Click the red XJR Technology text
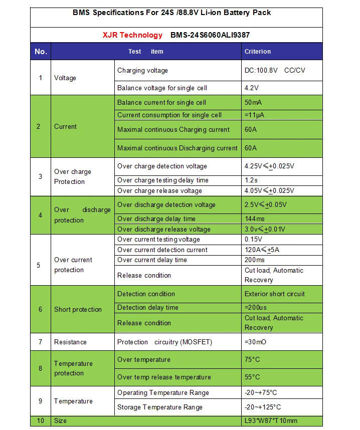pyautogui.click(x=132, y=35)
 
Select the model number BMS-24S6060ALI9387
pyautogui.click(x=210, y=35)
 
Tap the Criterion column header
pyautogui.click(x=257, y=52)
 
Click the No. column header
pyautogui.click(x=41, y=52)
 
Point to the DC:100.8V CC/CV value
pyautogui.click(x=274, y=71)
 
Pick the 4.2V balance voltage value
pyautogui.click(x=251, y=88)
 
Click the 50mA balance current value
pyautogui.click(x=253, y=103)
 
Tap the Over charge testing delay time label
pyautogui.click(x=162, y=180)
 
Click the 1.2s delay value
pyautogui.click(x=251, y=180)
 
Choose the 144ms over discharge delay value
pyautogui.click(x=255, y=219)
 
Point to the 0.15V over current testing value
pyautogui.click(x=253, y=240)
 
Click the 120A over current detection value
pyautogui.click(x=261, y=250)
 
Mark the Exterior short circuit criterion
pyautogui.click(x=274, y=294)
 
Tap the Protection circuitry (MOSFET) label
pyautogui.click(x=164, y=342)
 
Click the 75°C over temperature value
pyautogui.click(x=253, y=360)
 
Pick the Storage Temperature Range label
pyautogui.click(x=160, y=407)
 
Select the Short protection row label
pyautogui.click(x=78, y=310)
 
